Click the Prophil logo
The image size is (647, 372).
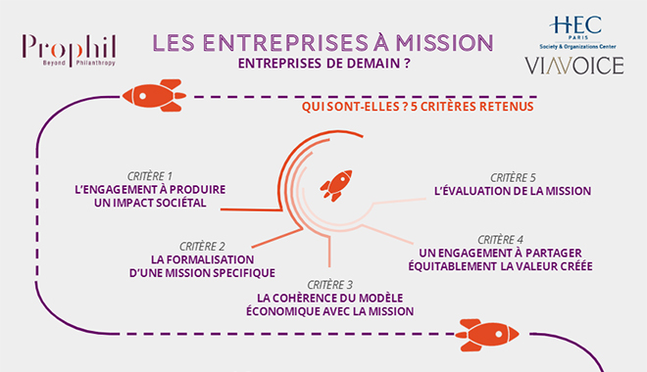point(69,51)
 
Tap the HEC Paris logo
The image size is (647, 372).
point(576,32)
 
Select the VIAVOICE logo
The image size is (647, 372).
point(573,66)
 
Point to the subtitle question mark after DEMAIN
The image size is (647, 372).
point(407,64)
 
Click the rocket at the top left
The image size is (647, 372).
point(154,96)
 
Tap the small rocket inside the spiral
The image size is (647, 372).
point(336,185)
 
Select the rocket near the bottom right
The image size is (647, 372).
point(487,335)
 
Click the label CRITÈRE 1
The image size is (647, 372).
point(149,176)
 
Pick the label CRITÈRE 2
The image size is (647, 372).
point(202,247)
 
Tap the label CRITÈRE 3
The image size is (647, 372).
point(330,285)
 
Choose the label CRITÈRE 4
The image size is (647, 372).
point(501,239)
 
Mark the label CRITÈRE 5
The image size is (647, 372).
point(513,177)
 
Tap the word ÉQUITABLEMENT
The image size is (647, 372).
point(452,266)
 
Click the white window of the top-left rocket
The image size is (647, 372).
point(143,96)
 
